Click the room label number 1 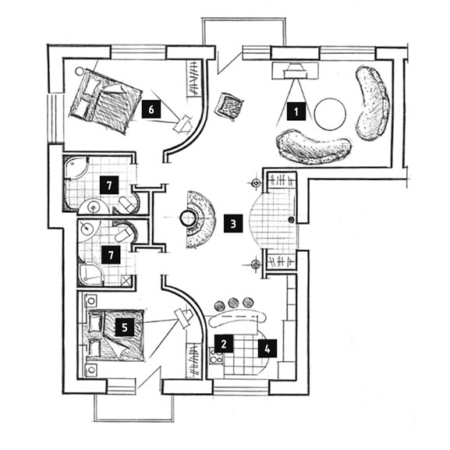pyautogui.click(x=296, y=111)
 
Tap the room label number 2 pyautogui.click(x=224, y=343)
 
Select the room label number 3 pyautogui.click(x=233, y=223)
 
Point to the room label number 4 pyautogui.click(x=268, y=348)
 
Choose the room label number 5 pyautogui.click(x=125, y=327)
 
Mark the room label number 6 pyautogui.click(x=151, y=108)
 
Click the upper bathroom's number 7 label pyautogui.click(x=109, y=185)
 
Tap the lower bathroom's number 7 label pyautogui.click(x=111, y=254)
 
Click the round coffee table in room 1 pyautogui.click(x=330, y=114)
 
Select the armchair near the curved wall pyautogui.click(x=229, y=105)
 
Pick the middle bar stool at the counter pyautogui.click(x=233, y=303)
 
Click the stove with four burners pyautogui.click(x=216, y=356)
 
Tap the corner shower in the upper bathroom pyautogui.click(x=75, y=168)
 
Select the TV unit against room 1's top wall pyautogui.click(x=295, y=71)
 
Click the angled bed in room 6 pyautogui.click(x=105, y=101)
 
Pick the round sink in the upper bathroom pyautogui.click(x=94, y=206)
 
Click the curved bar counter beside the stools pyautogui.click(x=237, y=319)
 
